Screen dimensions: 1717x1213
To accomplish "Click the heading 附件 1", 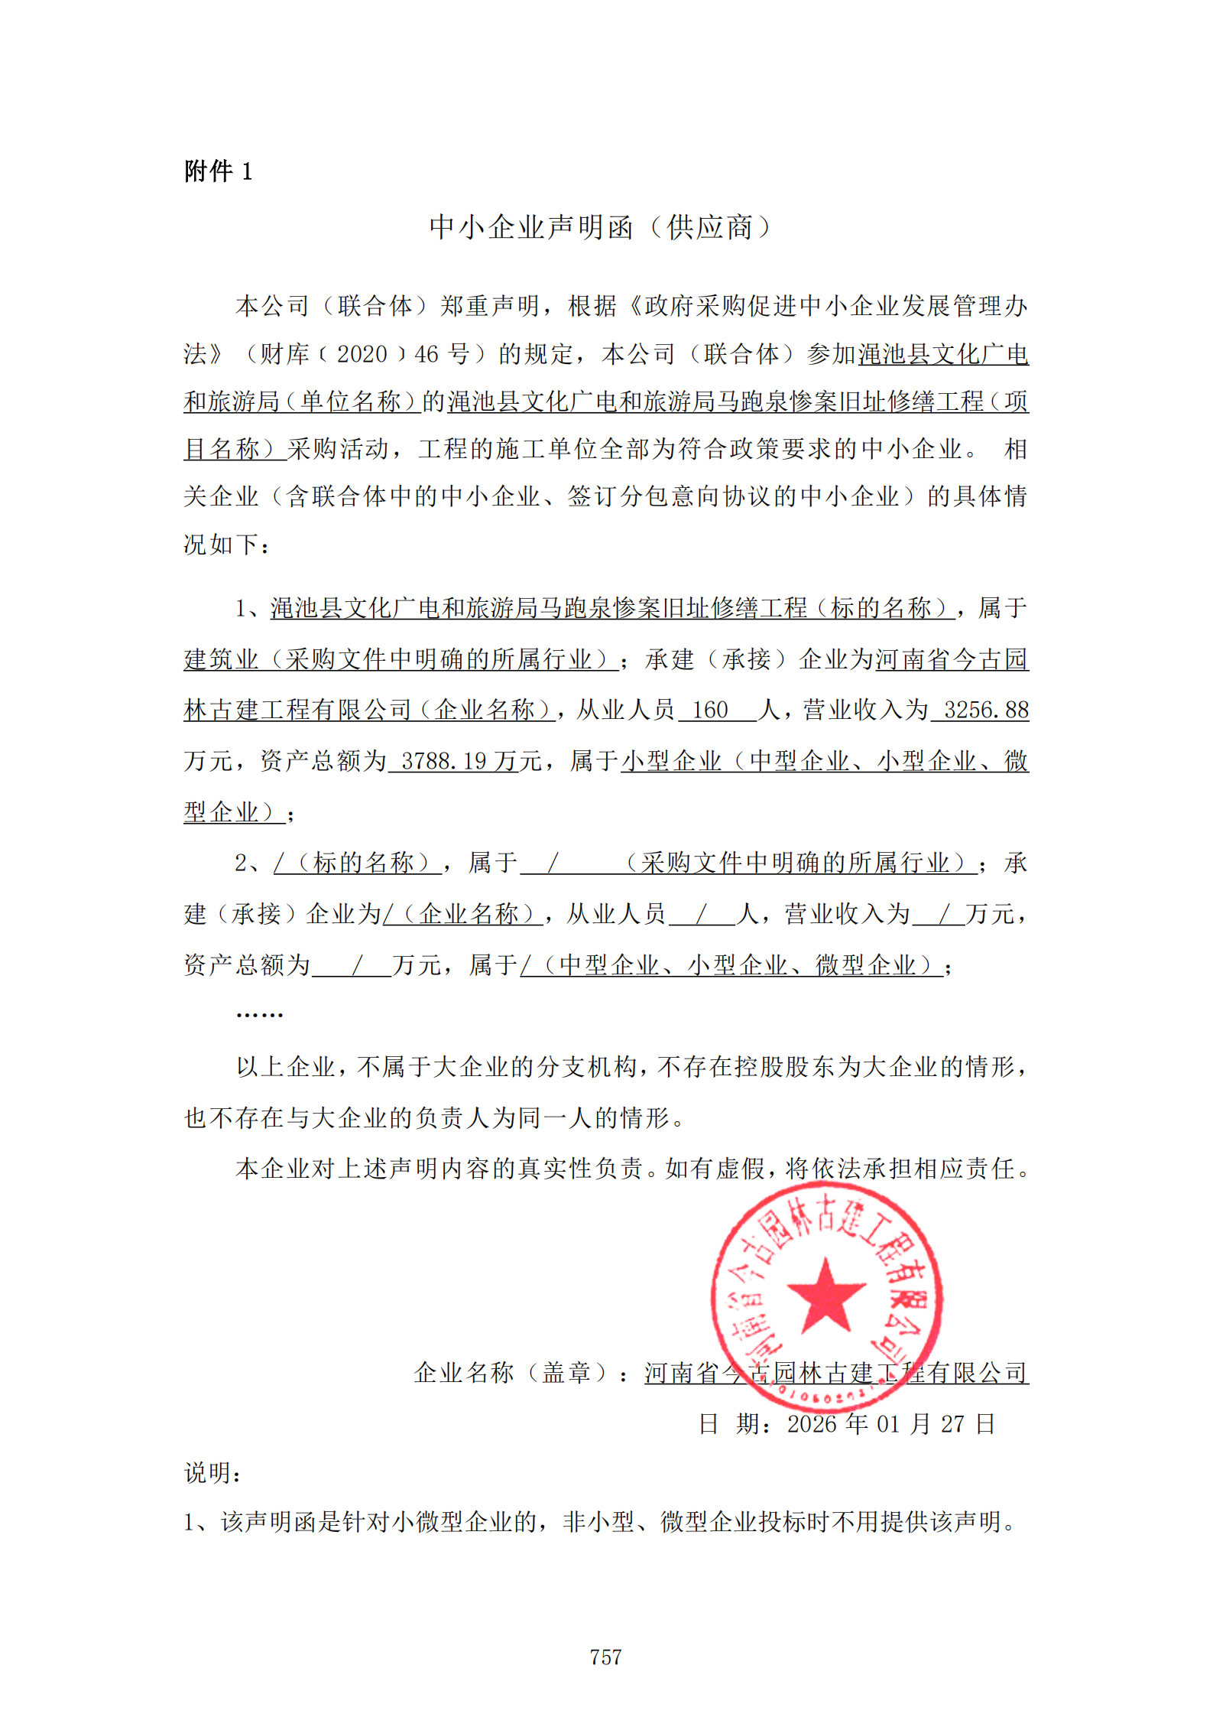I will pyautogui.click(x=218, y=171).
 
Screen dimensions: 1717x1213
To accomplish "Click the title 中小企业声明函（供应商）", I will pyautogui.click(x=601, y=227).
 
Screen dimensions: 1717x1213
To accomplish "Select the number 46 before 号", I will pyautogui.click(x=426, y=354).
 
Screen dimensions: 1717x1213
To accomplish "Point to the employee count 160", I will pyautogui.click(x=710, y=710).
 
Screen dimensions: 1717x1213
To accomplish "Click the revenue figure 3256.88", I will pyautogui.click(x=986, y=710).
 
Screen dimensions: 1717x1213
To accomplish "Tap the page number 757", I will pyautogui.click(x=605, y=1657).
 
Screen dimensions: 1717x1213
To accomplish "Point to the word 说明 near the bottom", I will pyautogui.click(x=209, y=1473).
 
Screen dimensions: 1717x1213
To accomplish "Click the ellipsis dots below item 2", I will pyautogui.click(x=260, y=1014).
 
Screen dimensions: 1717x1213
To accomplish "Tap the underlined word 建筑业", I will pyautogui.click(x=222, y=659).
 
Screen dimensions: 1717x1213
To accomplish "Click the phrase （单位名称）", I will pyautogui.click(x=353, y=402).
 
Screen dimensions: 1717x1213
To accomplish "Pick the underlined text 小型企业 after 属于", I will pyautogui.click(x=671, y=761).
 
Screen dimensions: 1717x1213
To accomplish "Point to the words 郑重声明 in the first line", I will pyautogui.click(x=490, y=306).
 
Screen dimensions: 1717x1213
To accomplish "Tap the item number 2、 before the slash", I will pyautogui.click(x=251, y=863).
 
